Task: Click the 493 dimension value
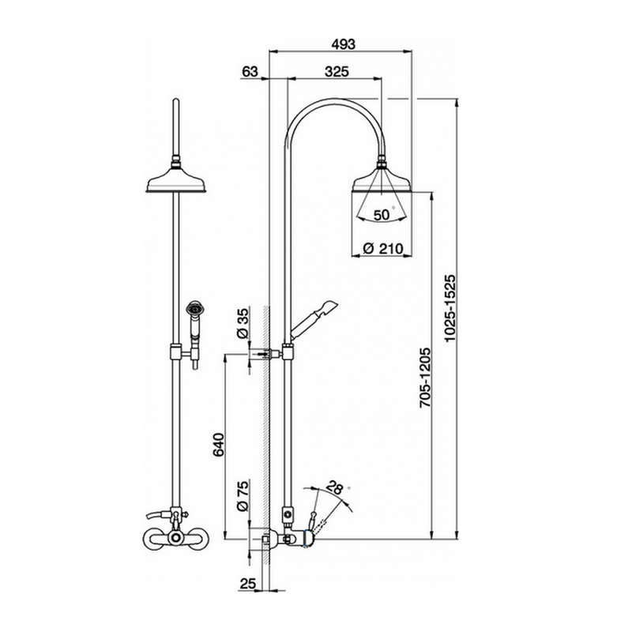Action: (340, 45)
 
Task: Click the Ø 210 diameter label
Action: (382, 249)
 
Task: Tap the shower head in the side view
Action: (382, 182)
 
